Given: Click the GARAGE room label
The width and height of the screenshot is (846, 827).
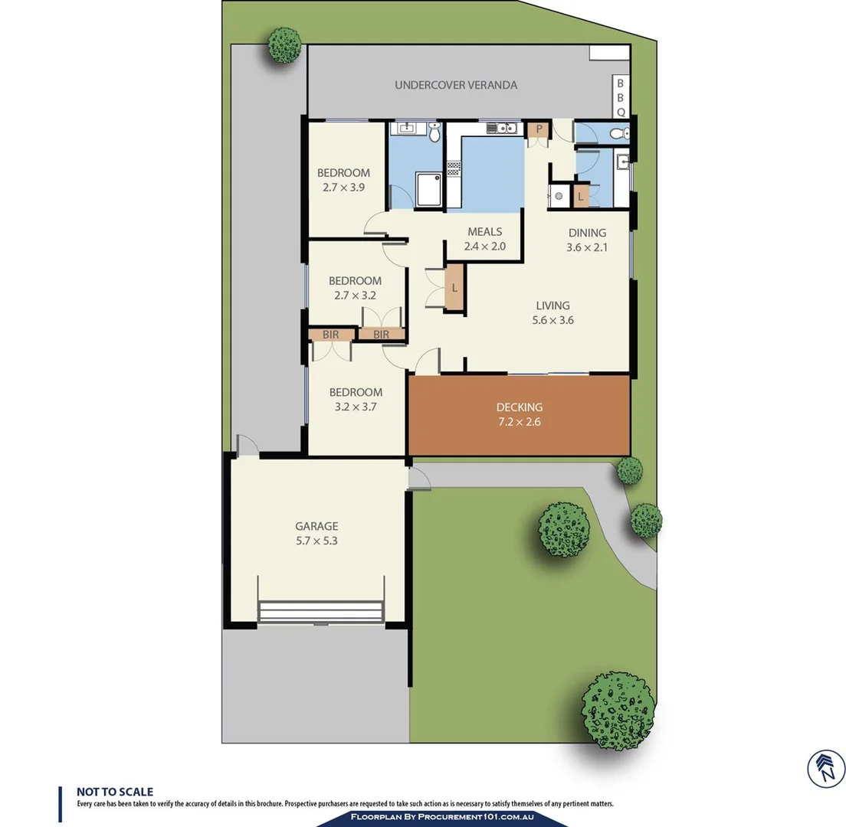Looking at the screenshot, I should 316,526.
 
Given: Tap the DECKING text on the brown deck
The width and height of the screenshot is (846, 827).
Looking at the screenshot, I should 519,407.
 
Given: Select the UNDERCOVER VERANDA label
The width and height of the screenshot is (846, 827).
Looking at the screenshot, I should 455,85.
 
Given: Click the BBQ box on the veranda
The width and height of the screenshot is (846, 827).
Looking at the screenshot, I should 620,96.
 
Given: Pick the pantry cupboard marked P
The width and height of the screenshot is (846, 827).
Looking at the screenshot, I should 539,129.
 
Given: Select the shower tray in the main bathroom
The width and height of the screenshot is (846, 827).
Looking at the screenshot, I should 431,189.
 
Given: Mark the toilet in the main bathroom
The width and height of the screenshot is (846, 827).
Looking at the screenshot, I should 434,134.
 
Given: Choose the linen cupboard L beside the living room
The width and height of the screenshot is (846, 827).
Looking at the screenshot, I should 454,288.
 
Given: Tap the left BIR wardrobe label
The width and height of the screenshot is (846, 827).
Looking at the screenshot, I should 331,335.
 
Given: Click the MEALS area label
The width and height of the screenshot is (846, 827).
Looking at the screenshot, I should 484,232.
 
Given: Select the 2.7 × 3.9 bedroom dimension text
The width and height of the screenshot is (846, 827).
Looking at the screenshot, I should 344,186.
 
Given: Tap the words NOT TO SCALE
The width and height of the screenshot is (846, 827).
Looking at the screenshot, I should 115,792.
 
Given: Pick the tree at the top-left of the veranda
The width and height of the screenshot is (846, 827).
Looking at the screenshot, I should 284,44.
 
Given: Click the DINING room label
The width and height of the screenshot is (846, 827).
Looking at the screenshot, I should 586,233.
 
